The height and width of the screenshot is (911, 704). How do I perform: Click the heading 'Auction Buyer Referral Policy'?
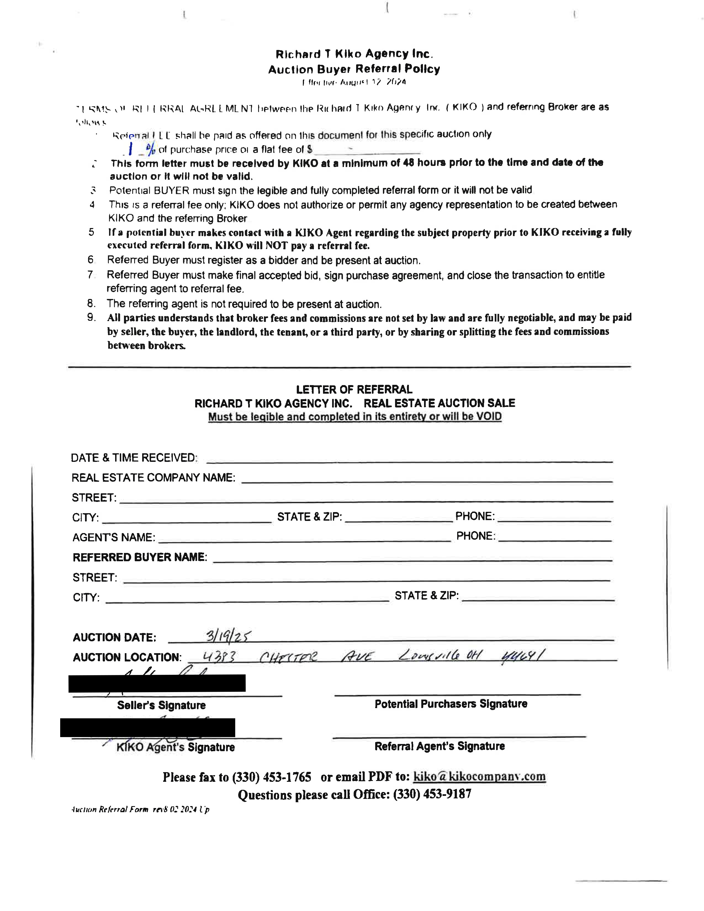[354, 69]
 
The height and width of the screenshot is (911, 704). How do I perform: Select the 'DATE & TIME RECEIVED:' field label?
[134, 458]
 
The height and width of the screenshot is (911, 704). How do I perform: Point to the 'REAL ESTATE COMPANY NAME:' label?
[153, 478]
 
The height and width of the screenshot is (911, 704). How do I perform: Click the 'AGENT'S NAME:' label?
[113, 537]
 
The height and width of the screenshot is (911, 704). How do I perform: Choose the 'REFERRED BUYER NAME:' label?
[140, 557]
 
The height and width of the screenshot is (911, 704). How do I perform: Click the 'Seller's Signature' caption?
[162, 705]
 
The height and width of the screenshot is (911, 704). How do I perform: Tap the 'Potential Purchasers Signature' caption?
[451, 704]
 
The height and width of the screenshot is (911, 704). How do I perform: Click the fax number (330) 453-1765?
[271, 777]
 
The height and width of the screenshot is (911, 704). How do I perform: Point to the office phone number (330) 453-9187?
[432, 794]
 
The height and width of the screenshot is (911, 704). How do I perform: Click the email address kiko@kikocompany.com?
[479, 777]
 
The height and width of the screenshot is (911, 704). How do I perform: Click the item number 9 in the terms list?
[91, 318]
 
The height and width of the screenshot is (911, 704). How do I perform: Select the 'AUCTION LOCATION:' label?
[127, 657]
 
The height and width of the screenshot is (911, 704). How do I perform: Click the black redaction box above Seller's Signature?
[157, 683]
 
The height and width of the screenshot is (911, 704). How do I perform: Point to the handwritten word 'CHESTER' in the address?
[288, 657]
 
